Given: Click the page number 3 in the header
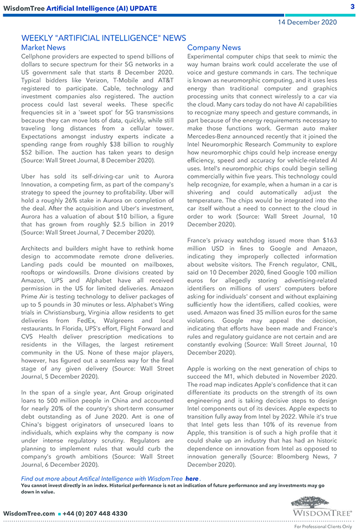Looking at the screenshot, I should pos(352,7).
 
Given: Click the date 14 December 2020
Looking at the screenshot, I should pos(307,22).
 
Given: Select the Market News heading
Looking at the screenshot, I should pos(43,48).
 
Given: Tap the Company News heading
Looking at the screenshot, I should pos(214,48).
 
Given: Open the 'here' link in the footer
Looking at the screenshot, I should pos(192,478).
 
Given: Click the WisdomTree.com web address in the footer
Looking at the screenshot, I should pos(29,513).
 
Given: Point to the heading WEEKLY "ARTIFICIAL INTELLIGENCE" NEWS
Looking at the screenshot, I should pos(104,38).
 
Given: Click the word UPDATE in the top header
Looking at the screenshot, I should pos(142,8).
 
